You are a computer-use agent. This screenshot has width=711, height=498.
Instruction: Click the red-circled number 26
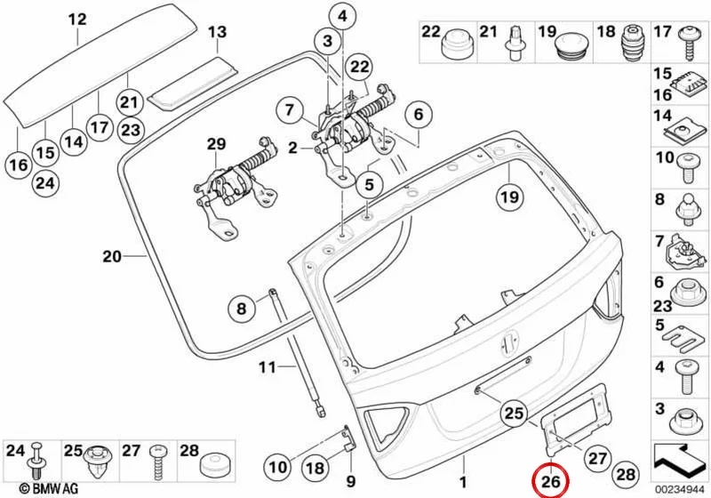[551, 481]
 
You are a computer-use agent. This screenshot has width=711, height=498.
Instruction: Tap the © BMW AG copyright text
[49, 488]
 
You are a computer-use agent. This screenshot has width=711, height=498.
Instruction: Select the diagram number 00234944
[679, 490]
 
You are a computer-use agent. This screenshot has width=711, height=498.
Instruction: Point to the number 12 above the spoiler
[77, 20]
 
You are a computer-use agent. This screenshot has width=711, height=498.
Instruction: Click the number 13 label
[217, 33]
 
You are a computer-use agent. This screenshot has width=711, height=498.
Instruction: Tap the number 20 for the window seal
[112, 257]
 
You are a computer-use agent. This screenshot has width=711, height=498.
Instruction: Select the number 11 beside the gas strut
[268, 366]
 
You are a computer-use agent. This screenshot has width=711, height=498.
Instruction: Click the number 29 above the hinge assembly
[216, 144]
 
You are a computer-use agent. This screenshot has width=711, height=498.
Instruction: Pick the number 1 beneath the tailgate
[463, 482]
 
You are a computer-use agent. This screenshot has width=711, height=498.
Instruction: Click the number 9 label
[350, 481]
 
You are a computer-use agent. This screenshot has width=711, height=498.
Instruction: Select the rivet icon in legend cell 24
[38, 461]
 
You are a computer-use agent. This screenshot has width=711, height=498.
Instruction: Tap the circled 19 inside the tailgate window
[509, 197]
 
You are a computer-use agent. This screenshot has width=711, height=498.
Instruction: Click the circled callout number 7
[290, 110]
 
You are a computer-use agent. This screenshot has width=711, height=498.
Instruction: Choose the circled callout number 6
[418, 115]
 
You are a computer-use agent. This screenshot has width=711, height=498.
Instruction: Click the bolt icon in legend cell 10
[687, 168]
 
